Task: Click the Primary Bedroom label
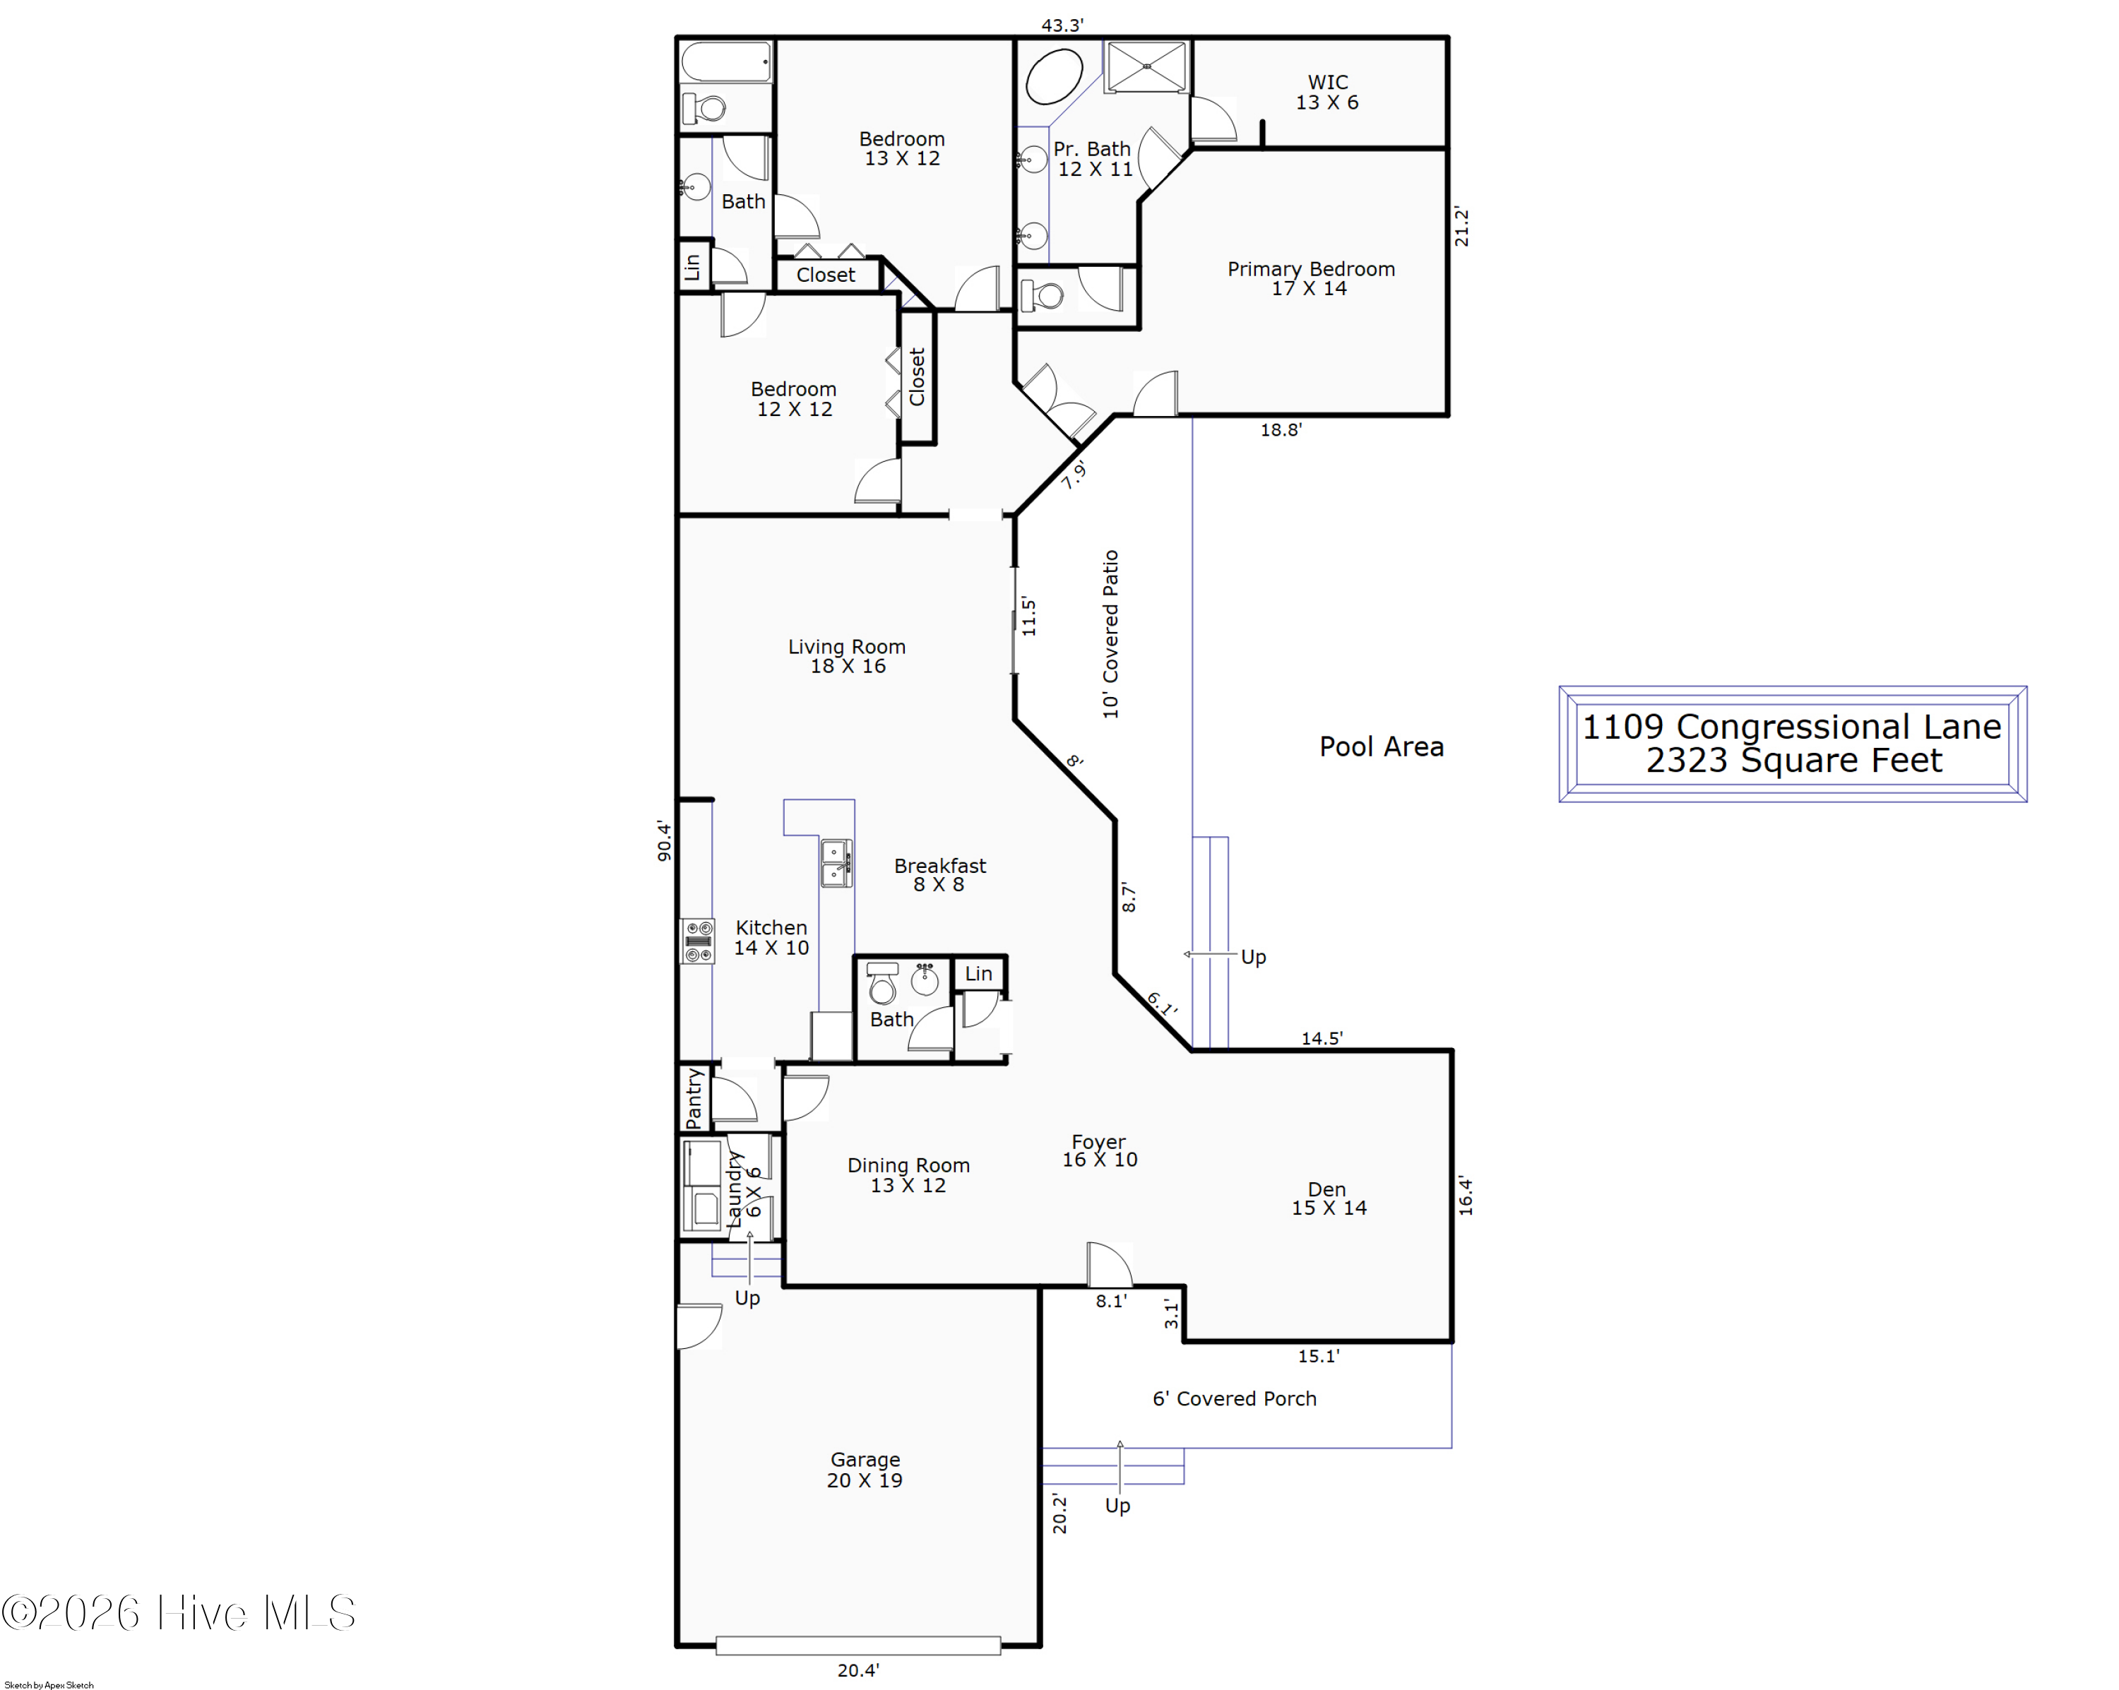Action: click(1310, 278)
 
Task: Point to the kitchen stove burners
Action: click(699, 940)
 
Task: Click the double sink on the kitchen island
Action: click(836, 863)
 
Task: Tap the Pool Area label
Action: click(1381, 746)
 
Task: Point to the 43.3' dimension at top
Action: click(1062, 25)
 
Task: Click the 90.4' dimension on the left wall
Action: click(665, 841)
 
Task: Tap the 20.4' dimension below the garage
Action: click(858, 1670)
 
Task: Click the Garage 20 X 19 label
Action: click(865, 1470)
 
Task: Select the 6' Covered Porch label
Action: click(1235, 1398)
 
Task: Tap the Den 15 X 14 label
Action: click(1329, 1198)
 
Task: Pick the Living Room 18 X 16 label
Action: click(847, 656)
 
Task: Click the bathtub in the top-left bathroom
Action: click(726, 62)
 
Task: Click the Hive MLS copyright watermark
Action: click(178, 1613)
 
